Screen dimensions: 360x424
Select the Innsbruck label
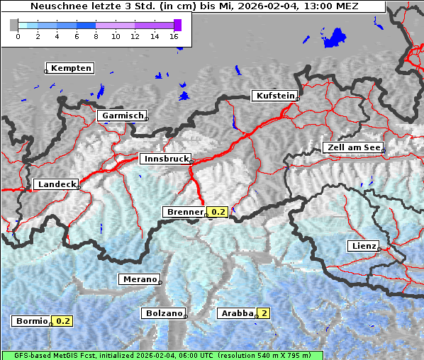pos(165,159)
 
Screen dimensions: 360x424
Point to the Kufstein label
pos(274,96)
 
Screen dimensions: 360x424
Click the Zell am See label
pos(352,147)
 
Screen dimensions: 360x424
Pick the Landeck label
pos(56,184)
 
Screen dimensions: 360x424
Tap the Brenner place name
pos(184,212)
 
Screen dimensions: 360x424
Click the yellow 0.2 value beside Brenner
pos(218,212)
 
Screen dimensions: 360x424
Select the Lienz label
pos(362,246)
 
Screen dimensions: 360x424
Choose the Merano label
pos(139,279)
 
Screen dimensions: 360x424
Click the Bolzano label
pos(164,313)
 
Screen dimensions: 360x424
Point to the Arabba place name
pos(237,313)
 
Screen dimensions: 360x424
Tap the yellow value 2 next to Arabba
pos(264,313)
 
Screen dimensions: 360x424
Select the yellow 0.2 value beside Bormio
pos(63,321)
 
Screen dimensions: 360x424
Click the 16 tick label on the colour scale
pos(174,36)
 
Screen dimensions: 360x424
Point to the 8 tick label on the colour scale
pos(96,36)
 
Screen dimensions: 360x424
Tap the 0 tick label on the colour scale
pos(18,36)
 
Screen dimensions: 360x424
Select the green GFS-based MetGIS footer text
pos(162,355)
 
